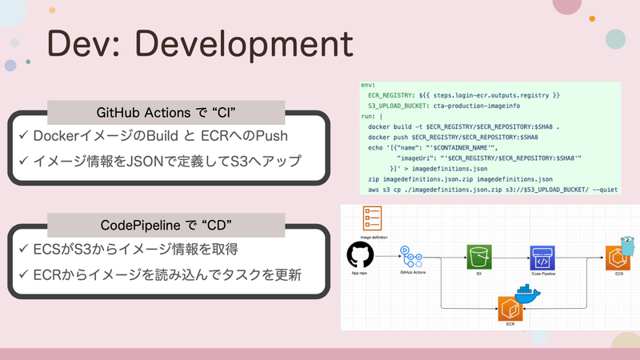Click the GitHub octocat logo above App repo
pos(361,256)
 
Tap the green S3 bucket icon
pos(479,256)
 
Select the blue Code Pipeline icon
pos(542,256)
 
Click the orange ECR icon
pos(510,308)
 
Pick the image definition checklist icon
pos(372,217)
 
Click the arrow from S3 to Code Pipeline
pos(510,256)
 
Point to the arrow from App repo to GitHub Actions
pos(387,256)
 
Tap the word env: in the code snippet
pos(368,84)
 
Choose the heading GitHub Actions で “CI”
pos(166,112)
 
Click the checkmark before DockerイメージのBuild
pos(23,137)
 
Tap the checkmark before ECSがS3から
pos(23,250)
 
